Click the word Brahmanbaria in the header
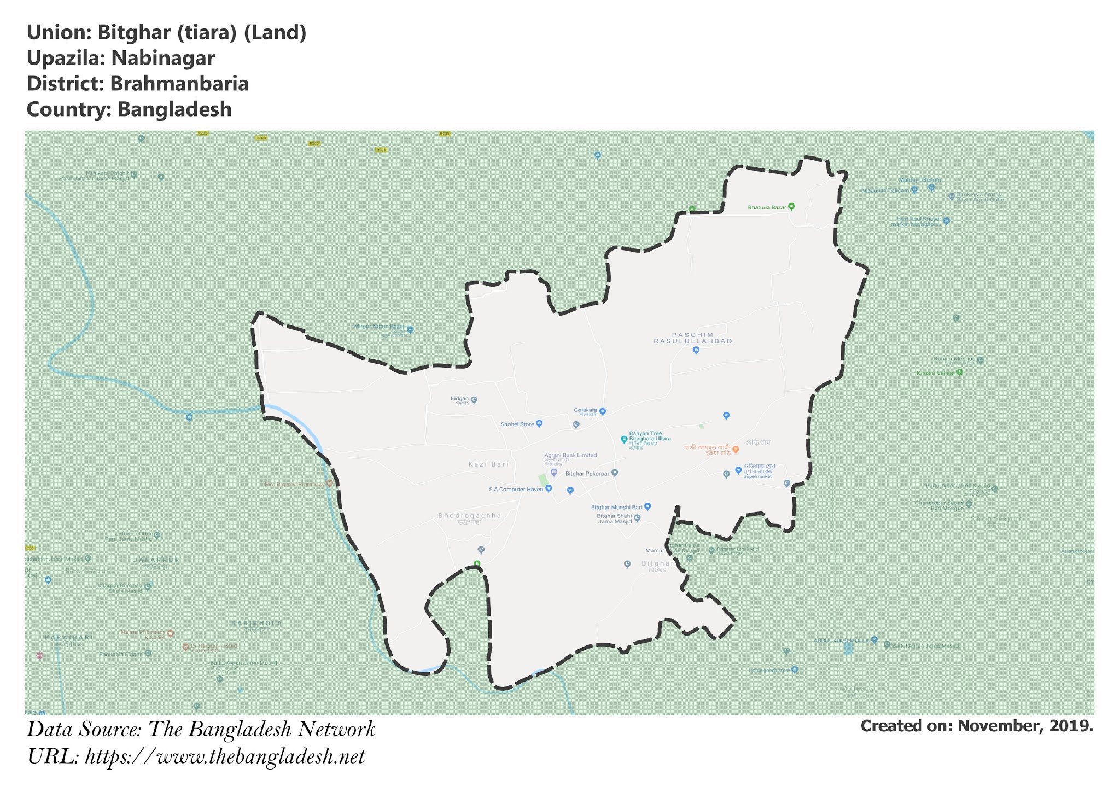pos(179,84)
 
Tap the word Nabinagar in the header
pos(163,58)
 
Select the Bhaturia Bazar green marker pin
pos(791,207)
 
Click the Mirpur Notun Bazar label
pos(380,327)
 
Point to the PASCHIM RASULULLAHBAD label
pos(693,337)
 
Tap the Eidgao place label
pos(459,399)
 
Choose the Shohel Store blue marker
pos(539,423)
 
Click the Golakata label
pos(585,410)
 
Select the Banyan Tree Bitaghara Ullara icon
pos(623,439)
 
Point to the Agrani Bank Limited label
pos(570,455)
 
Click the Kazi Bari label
pos(488,464)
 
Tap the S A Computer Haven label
pos(516,490)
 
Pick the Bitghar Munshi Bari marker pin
pos(647,506)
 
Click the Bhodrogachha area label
pos(470,516)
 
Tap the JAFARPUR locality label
pos(156,560)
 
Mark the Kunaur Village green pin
pos(959,372)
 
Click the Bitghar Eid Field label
pos(738,549)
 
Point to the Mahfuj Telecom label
pos(920,180)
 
